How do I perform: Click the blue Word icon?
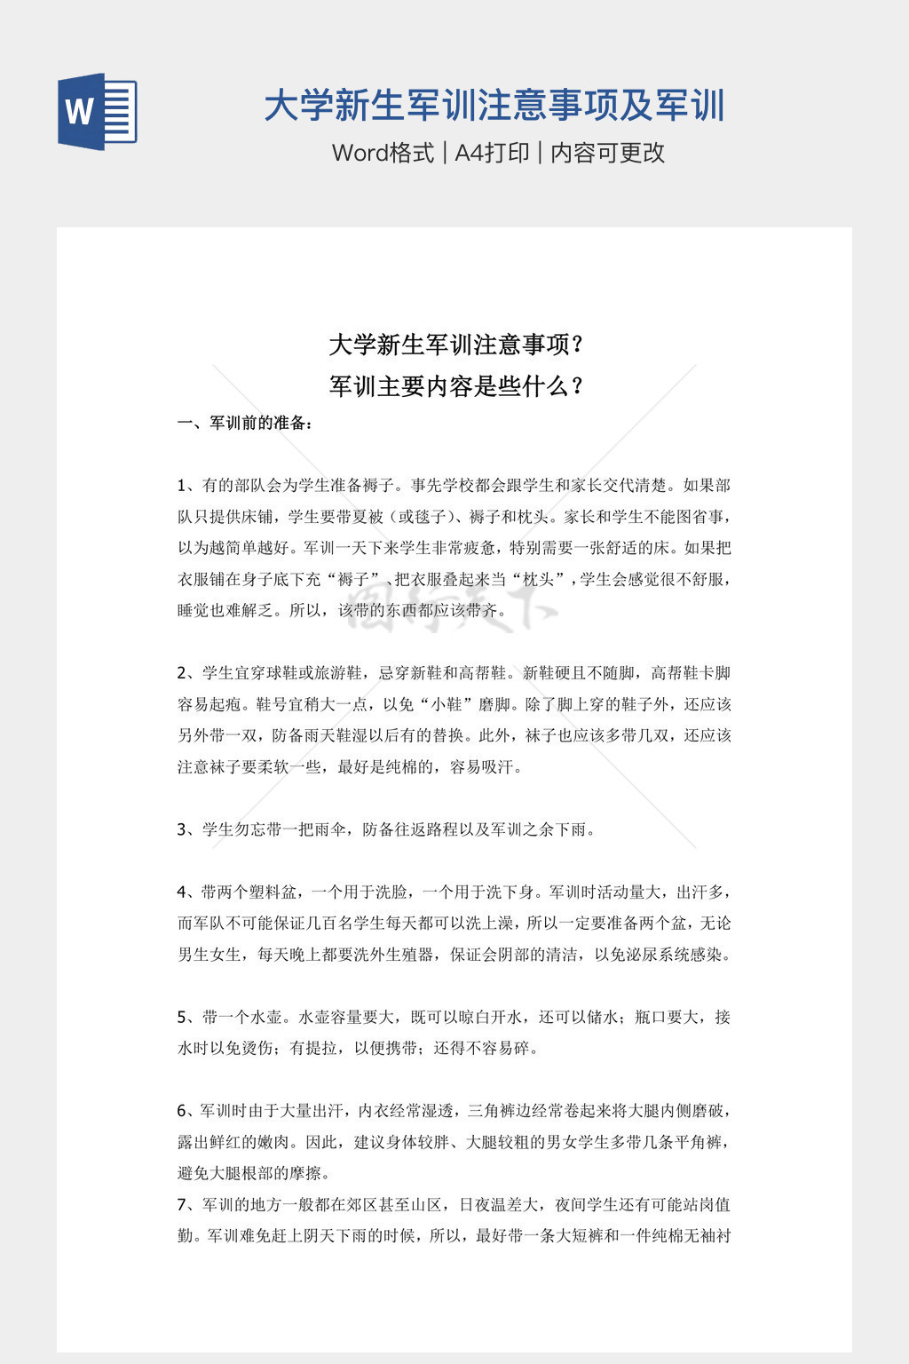tap(98, 112)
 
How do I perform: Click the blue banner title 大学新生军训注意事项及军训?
tap(494, 106)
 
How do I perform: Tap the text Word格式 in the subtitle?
tap(383, 153)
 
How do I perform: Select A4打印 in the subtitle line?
tap(492, 153)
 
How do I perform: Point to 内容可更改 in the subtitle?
tap(608, 153)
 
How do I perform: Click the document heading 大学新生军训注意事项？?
tap(454, 344)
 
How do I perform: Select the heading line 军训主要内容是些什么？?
tap(454, 386)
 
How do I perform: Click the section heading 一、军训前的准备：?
tap(245, 423)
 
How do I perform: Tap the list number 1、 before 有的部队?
tap(186, 486)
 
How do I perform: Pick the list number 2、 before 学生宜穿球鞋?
tap(186, 673)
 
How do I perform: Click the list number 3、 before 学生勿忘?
tap(186, 829)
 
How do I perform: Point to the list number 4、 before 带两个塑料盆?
tap(186, 892)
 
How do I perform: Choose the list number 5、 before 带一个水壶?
tap(186, 1017)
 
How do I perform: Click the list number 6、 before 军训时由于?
tap(186, 1111)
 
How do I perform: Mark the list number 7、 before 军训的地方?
tap(186, 1205)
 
